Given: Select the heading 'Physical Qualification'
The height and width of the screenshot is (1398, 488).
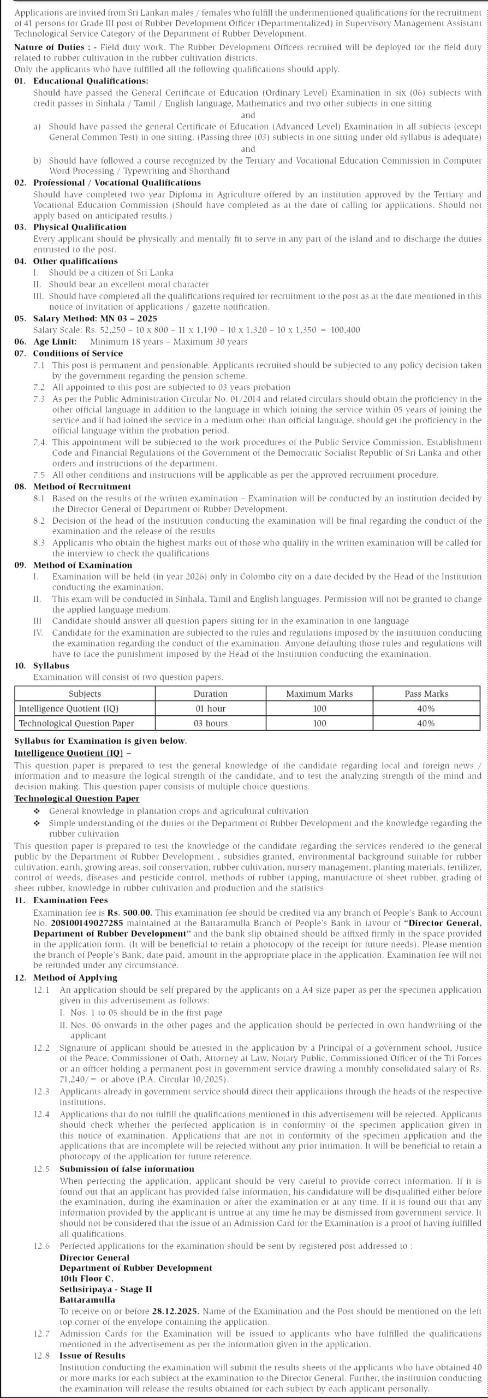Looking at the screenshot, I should [x=80, y=227].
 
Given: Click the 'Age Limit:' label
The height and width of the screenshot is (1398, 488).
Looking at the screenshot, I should [x=55, y=342].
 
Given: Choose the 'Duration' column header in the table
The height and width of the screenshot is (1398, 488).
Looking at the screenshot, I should [x=210, y=694].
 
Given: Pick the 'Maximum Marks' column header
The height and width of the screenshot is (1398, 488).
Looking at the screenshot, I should [x=319, y=694].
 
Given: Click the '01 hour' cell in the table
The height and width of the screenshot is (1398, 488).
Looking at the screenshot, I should [x=210, y=708].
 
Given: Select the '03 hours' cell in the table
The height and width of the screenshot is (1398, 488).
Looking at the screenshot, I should [x=210, y=723].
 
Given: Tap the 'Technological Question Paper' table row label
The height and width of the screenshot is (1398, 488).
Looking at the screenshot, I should [x=76, y=723].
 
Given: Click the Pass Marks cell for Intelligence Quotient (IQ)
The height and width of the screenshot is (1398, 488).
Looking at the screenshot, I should [x=426, y=708].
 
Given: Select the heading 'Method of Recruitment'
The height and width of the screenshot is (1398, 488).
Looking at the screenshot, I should [x=82, y=487].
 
